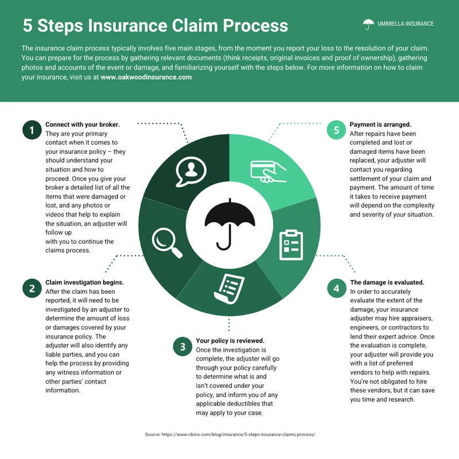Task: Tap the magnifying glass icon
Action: tap(166, 243)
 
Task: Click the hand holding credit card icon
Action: tap(268, 170)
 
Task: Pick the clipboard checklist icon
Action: tap(291, 245)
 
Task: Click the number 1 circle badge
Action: tap(32, 130)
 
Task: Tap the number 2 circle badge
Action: tap(32, 289)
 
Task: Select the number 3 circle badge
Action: tap(182, 346)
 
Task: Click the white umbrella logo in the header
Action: tap(368, 24)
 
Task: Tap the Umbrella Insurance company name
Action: tap(406, 24)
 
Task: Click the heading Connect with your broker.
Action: tap(83, 125)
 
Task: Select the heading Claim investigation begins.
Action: tap(84, 283)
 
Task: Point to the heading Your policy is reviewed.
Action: tap(230, 340)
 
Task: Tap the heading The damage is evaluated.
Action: tap(387, 283)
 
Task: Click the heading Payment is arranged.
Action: tap(380, 125)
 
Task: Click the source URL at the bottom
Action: tap(229, 435)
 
